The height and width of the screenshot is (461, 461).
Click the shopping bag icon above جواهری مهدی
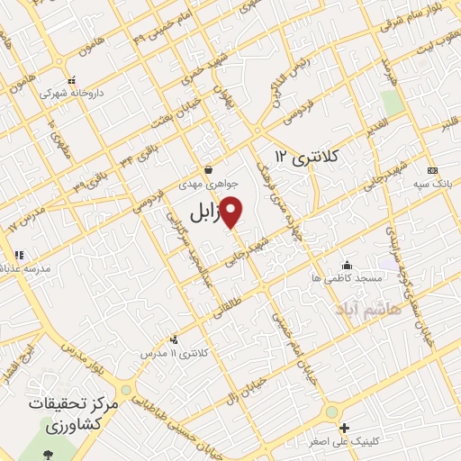pos(208,168)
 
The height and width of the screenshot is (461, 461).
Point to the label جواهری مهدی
pos(208,182)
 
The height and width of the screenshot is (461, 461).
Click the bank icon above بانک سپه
pos(433,170)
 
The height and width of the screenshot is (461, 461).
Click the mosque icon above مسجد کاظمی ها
pos(348,265)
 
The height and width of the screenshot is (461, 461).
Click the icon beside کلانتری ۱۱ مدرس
pos(174,340)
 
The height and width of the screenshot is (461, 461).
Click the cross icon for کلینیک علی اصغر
pos(343,428)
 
